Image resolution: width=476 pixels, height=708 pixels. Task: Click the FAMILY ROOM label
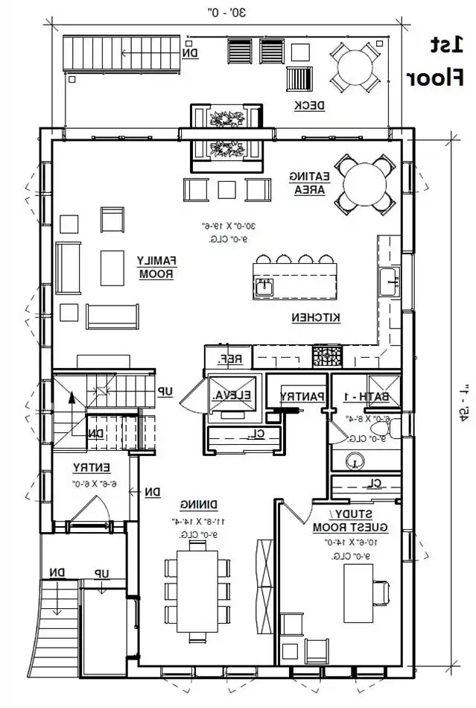[156, 267]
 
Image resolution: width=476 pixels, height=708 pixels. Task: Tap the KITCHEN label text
[315, 317]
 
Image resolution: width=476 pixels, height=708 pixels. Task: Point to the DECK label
[308, 105]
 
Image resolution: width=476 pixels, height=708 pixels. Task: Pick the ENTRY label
[92, 467]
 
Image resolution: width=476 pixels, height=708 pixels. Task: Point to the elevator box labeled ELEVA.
[232, 396]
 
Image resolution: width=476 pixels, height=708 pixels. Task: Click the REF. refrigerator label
[230, 358]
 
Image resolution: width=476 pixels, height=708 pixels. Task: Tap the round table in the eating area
[364, 183]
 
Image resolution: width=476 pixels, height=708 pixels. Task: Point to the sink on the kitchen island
[263, 286]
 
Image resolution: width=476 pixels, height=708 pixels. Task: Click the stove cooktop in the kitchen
[327, 355]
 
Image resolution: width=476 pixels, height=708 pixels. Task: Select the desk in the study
[358, 592]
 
